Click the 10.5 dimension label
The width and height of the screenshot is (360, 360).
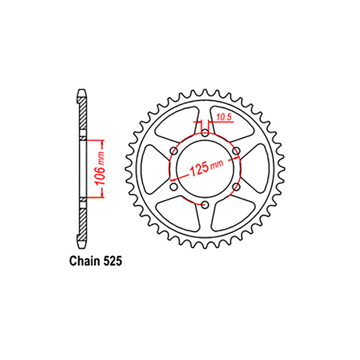[x=224, y=117]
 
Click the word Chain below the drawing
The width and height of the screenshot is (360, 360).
[x=85, y=261]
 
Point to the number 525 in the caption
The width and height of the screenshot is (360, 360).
[x=113, y=261]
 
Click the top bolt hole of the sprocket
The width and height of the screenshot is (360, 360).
[x=205, y=132]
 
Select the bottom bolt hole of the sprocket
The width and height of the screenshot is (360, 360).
[x=205, y=205]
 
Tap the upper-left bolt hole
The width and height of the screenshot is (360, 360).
[x=174, y=151]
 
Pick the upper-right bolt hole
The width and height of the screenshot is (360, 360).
[x=236, y=151]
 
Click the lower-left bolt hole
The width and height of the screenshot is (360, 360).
[x=174, y=186]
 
